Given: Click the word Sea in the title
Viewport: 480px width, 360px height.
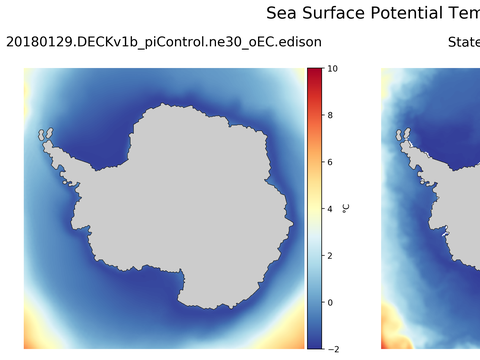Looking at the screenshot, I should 283,13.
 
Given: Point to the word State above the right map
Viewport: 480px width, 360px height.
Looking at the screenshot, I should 463,42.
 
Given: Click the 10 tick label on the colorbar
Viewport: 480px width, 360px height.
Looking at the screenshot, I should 333,69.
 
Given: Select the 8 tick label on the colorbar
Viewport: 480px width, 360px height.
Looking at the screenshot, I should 330,116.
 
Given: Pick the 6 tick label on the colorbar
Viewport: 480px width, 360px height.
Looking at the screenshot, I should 330,162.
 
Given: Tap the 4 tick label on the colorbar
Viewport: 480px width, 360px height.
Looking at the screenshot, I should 330,209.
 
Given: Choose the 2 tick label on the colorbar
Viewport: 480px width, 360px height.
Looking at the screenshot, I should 330,255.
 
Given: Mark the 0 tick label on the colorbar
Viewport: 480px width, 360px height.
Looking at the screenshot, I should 330,302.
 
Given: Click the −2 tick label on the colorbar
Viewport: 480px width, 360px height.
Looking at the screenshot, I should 333,348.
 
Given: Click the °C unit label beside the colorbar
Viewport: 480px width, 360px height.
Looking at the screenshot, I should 346,208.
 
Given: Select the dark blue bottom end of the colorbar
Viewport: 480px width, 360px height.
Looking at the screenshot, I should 314,344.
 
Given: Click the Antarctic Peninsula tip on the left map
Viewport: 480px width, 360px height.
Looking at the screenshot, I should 44,133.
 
